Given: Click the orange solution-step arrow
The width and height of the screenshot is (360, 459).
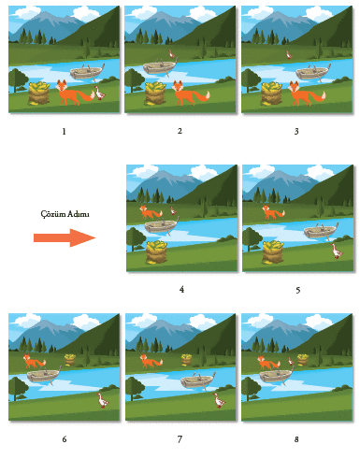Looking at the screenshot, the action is coord(65,237).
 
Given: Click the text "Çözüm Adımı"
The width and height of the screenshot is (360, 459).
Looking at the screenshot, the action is coord(65,214).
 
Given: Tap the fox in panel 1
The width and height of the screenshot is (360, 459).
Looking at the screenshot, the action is coord(75,93).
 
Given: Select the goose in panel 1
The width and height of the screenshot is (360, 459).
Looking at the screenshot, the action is coord(99,93).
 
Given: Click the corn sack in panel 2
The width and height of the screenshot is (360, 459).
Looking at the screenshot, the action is coord(155,93).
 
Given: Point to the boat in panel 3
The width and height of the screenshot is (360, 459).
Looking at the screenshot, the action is coord(313,72).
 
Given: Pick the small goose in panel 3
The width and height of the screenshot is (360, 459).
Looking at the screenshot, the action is coord(289,55).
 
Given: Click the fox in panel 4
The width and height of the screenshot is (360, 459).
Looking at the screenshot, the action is coord(151,212).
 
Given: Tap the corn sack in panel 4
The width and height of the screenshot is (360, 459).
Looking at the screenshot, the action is coord(156,252).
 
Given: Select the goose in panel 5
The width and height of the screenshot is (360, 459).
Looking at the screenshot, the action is coord(337,251).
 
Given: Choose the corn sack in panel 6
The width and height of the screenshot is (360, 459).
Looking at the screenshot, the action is coord(70,360).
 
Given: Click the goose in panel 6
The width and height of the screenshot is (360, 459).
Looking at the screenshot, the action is coord(103,400).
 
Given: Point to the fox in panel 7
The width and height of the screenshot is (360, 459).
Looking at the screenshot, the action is coord(151,361).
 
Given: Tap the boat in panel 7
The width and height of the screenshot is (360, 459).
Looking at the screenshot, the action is coord(198,381).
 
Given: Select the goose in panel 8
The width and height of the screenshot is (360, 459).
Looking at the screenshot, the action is coord(291,361).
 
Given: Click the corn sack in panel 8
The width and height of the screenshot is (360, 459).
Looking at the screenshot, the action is coord(303,360).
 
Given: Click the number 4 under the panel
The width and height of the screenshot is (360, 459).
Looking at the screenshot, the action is coord(181,290).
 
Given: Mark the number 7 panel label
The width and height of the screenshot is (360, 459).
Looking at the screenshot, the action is coord(180,439).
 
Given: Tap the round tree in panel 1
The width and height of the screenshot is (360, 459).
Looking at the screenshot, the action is coord(18,79).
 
